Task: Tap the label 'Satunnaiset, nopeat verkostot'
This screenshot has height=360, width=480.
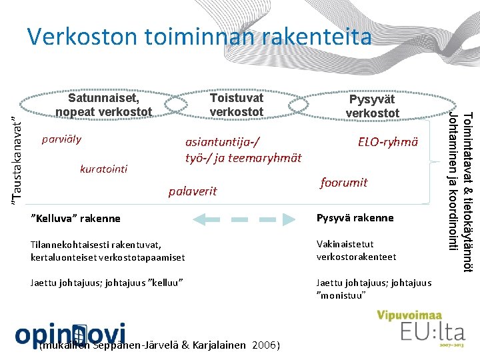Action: tap(104, 105)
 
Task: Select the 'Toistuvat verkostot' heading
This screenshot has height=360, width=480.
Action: tap(237, 105)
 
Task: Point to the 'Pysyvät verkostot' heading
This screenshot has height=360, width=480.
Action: tap(372, 106)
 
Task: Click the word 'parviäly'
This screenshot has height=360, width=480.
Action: tap(61, 139)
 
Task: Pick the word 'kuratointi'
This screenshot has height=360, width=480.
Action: tap(103, 169)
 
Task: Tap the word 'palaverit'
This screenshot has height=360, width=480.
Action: tap(193, 191)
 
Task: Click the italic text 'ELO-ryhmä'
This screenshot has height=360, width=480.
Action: tap(388, 141)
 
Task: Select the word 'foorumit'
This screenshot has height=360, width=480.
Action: tap(344, 182)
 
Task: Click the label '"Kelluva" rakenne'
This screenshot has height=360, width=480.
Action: tap(76, 219)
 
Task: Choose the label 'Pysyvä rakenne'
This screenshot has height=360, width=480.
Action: tap(355, 218)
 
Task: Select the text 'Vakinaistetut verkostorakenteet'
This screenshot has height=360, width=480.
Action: tap(356, 251)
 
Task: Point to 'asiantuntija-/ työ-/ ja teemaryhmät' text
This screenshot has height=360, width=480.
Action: tap(243, 150)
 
